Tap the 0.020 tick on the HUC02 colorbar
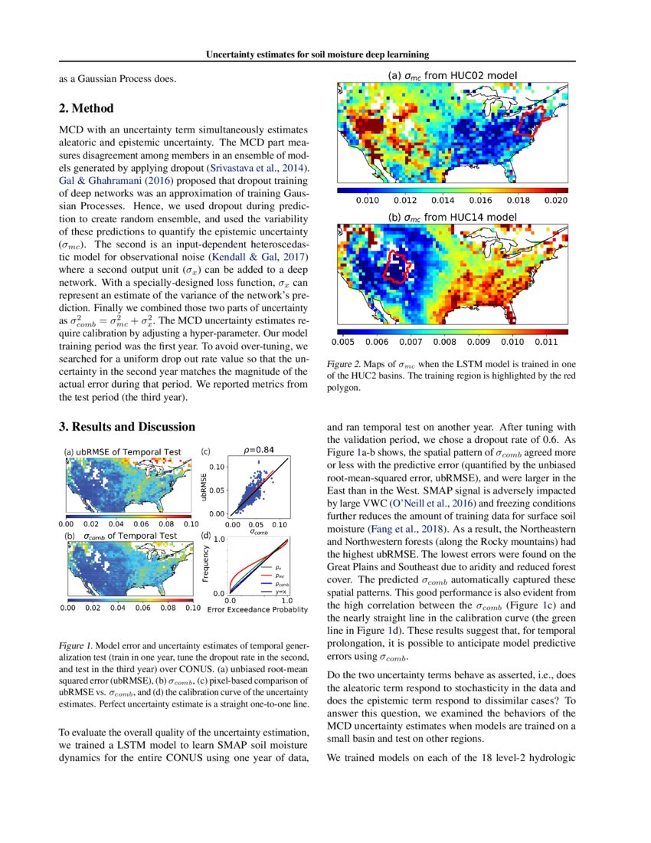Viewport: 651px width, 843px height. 554,201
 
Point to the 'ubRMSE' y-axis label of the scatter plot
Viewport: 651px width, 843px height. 205,487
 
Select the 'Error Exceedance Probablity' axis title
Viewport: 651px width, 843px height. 257,609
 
